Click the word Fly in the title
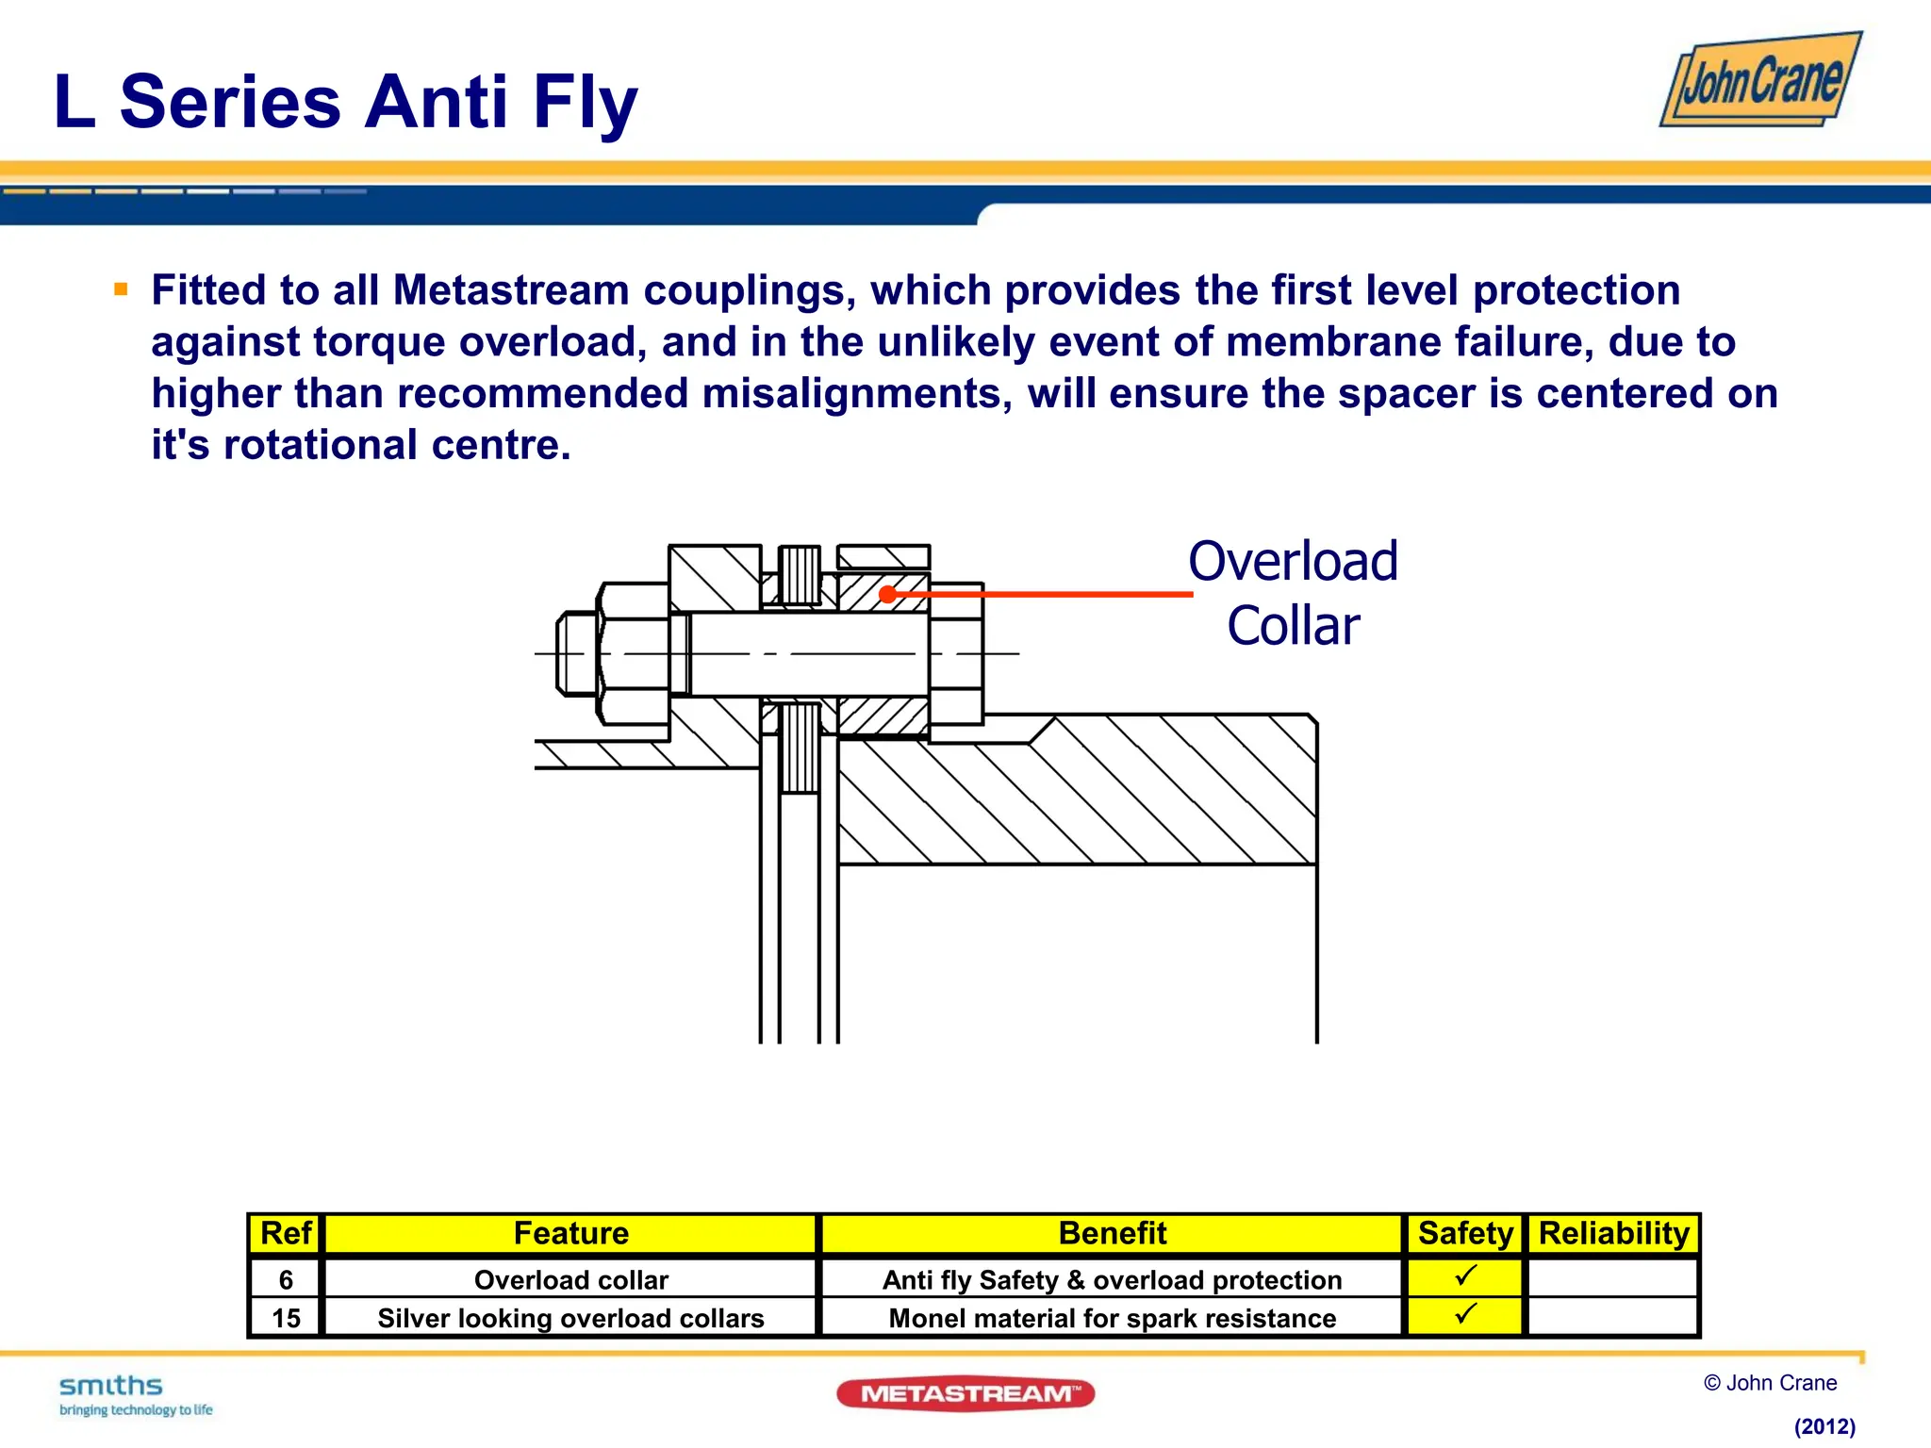click(x=585, y=102)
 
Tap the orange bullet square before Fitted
click(x=121, y=289)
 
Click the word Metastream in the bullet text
click(x=510, y=290)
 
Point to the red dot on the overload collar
click(x=887, y=594)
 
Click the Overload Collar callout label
click(x=1293, y=593)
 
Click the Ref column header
click(x=285, y=1233)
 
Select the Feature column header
click(x=570, y=1233)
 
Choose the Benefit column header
click(x=1112, y=1233)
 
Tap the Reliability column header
click(x=1613, y=1233)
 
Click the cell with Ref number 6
click(x=286, y=1279)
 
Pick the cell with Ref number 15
click(x=286, y=1318)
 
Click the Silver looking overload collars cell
click(x=570, y=1318)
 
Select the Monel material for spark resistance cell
click(x=1112, y=1318)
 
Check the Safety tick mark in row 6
click(x=1465, y=1276)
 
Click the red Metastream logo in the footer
click(x=965, y=1393)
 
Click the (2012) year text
click(x=1824, y=1426)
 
